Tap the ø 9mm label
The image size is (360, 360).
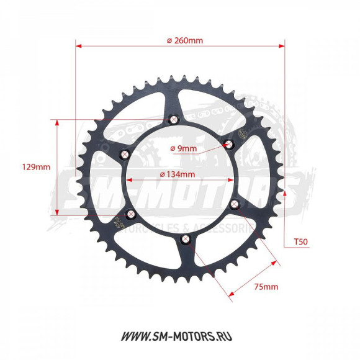coord(183,148)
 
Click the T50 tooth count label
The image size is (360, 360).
coord(300,241)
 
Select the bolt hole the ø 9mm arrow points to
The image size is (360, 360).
coord(228,145)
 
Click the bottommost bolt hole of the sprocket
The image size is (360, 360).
coord(184,240)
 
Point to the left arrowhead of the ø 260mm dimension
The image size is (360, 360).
coord(78,45)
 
